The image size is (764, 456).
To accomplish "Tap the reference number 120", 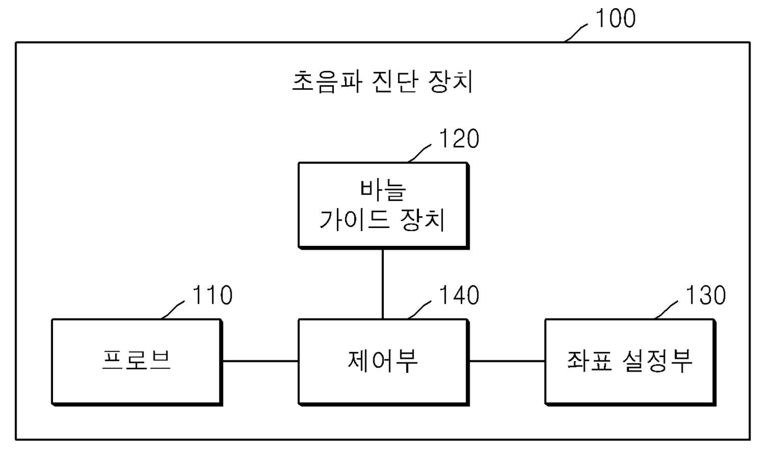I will point(458,139).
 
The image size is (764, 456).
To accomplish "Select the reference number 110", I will point(211,296).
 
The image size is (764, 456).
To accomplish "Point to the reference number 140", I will point(458,296).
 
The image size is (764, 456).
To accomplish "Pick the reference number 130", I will point(705,296).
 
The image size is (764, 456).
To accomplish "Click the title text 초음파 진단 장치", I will point(382,82).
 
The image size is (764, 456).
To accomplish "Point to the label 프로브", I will point(136,361).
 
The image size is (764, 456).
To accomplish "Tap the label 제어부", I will point(383,361).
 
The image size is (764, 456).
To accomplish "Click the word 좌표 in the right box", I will point(588,361).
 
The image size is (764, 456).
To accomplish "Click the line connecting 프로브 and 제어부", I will point(260,361).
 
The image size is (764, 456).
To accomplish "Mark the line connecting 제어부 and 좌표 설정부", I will point(506,361).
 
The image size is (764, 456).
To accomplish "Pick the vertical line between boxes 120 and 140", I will point(383,283).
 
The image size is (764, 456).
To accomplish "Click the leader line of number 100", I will point(578,32).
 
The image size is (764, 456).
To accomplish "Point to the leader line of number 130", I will point(668,309).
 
